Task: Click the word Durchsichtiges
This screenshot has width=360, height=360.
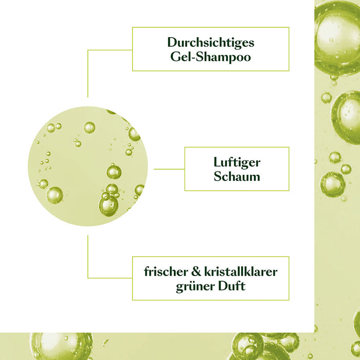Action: point(210,42)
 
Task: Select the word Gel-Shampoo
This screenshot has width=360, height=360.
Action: point(210,57)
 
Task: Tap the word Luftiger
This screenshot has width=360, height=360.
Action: point(237,163)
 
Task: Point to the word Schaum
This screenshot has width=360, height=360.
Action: point(237,177)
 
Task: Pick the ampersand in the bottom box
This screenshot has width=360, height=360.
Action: point(195,272)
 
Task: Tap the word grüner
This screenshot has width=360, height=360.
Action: point(193,286)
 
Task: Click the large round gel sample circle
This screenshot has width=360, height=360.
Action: point(87,166)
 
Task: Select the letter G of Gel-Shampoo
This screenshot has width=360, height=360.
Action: point(174,57)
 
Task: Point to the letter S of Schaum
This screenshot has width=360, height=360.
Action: point(217,177)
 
